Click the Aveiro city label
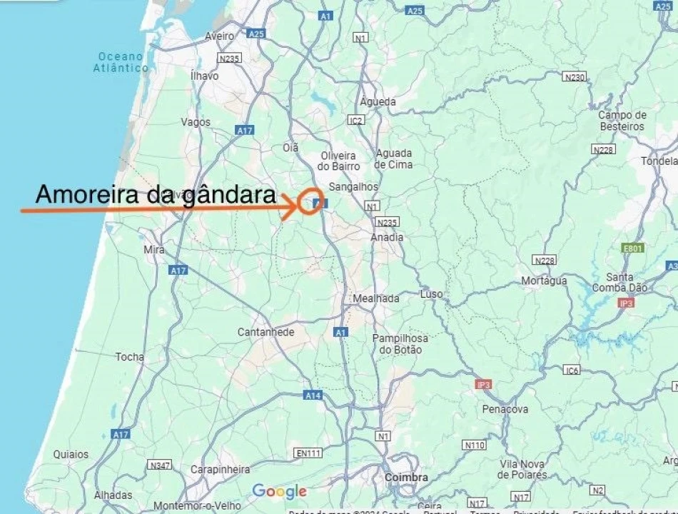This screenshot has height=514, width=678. (x=219, y=36)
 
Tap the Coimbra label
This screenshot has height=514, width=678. (x=406, y=478)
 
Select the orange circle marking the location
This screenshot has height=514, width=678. (x=310, y=200)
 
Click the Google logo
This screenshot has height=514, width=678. (x=279, y=491)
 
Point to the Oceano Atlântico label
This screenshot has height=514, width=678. (x=121, y=62)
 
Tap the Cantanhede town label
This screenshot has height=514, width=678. (x=265, y=332)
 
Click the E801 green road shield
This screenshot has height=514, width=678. (x=632, y=248)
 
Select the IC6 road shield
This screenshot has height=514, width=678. (x=572, y=370)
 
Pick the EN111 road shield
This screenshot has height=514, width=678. (x=308, y=453)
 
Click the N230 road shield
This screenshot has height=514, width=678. (x=574, y=77)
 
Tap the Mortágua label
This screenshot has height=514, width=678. (x=544, y=281)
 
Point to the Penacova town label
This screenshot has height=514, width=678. (x=505, y=409)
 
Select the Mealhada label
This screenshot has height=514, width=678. (x=376, y=298)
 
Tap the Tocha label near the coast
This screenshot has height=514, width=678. (x=129, y=357)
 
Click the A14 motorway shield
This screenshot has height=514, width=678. (x=313, y=395)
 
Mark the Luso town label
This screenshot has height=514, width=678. (x=432, y=294)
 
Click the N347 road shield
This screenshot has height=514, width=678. (x=159, y=465)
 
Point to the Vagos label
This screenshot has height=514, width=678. (x=196, y=122)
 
